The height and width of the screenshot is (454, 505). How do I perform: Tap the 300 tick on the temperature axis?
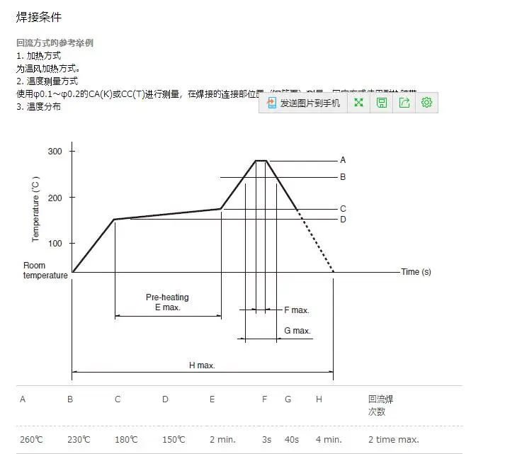tap(55, 152)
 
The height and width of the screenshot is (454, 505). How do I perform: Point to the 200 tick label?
tap(55, 198)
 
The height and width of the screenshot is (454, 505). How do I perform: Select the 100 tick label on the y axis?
tap(55, 244)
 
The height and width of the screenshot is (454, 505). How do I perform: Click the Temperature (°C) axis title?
tap(35, 212)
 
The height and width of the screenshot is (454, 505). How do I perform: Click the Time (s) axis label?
tap(416, 272)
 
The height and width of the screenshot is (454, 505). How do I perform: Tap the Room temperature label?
tap(45, 271)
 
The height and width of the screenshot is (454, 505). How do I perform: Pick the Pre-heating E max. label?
tap(167, 302)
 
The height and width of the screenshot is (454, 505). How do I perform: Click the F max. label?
tap(296, 310)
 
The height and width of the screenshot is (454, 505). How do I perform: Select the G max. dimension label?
tap(297, 331)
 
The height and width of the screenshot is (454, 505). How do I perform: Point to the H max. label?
tap(202, 365)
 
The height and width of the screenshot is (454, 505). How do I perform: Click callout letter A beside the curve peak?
tap(343, 160)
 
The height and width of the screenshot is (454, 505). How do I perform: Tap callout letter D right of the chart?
tap(343, 220)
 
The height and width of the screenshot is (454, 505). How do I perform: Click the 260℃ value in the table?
tap(31, 440)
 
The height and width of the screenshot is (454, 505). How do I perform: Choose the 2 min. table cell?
tap(222, 440)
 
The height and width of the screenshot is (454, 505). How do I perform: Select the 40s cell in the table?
tap(292, 440)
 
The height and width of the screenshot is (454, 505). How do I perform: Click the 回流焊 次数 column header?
tap(380, 405)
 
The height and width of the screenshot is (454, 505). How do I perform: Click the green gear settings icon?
tap(426, 103)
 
